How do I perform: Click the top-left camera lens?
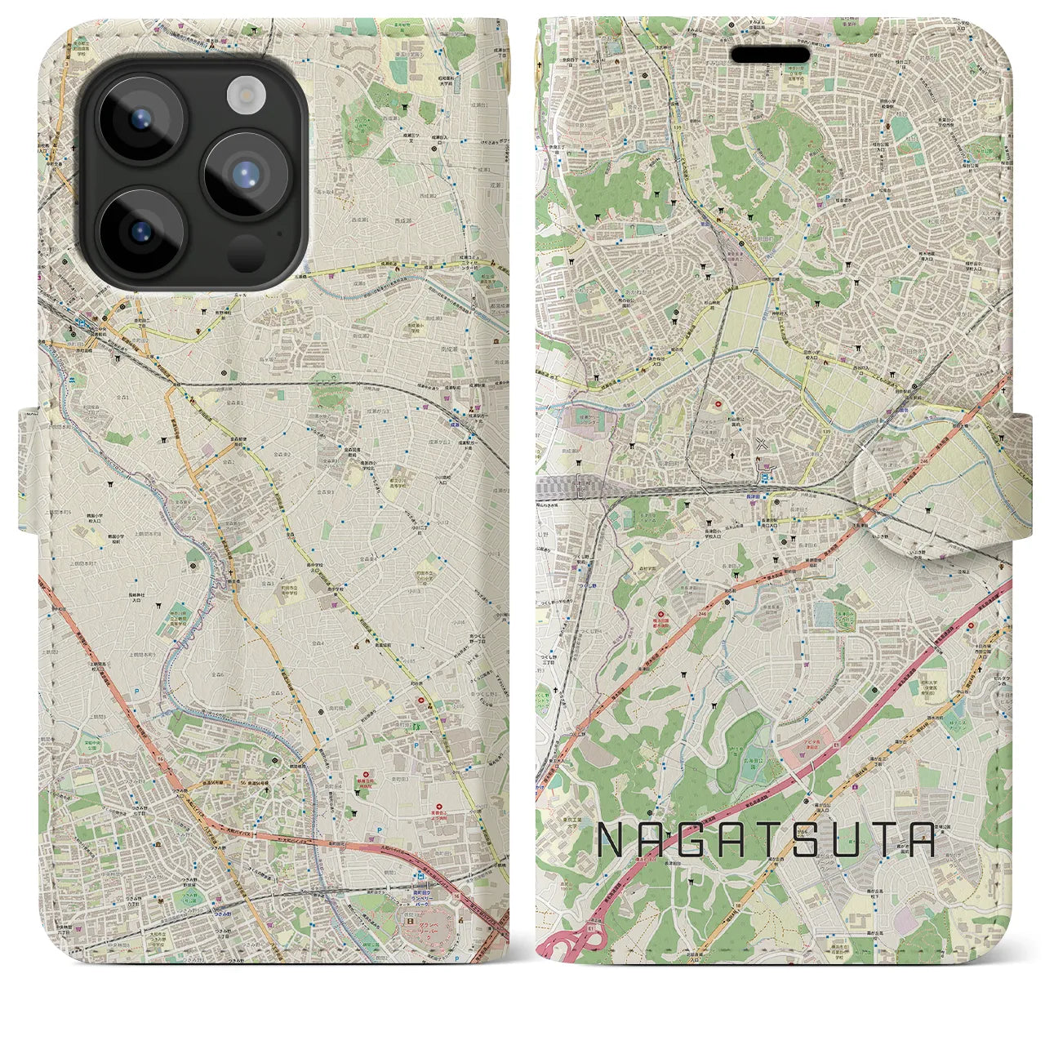tap(140, 123)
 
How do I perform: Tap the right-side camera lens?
tap(244, 174)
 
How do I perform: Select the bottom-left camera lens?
tap(140, 229)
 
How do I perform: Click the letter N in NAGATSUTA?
tap(612, 839)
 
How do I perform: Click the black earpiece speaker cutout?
tap(770, 54)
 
